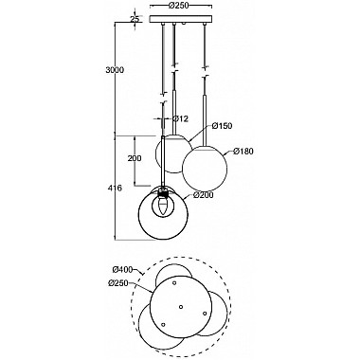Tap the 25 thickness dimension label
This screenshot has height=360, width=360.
click(135, 19)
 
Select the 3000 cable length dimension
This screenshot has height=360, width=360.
click(115, 70)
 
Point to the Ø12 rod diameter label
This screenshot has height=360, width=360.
click(181, 118)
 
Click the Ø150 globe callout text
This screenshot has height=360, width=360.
click(222, 126)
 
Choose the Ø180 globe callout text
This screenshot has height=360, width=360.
click(243, 152)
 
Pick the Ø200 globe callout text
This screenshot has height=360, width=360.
click(204, 195)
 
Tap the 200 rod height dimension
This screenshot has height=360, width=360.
click(135, 158)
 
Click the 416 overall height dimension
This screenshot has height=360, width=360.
click(115, 189)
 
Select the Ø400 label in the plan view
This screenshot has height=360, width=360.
click(123, 270)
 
